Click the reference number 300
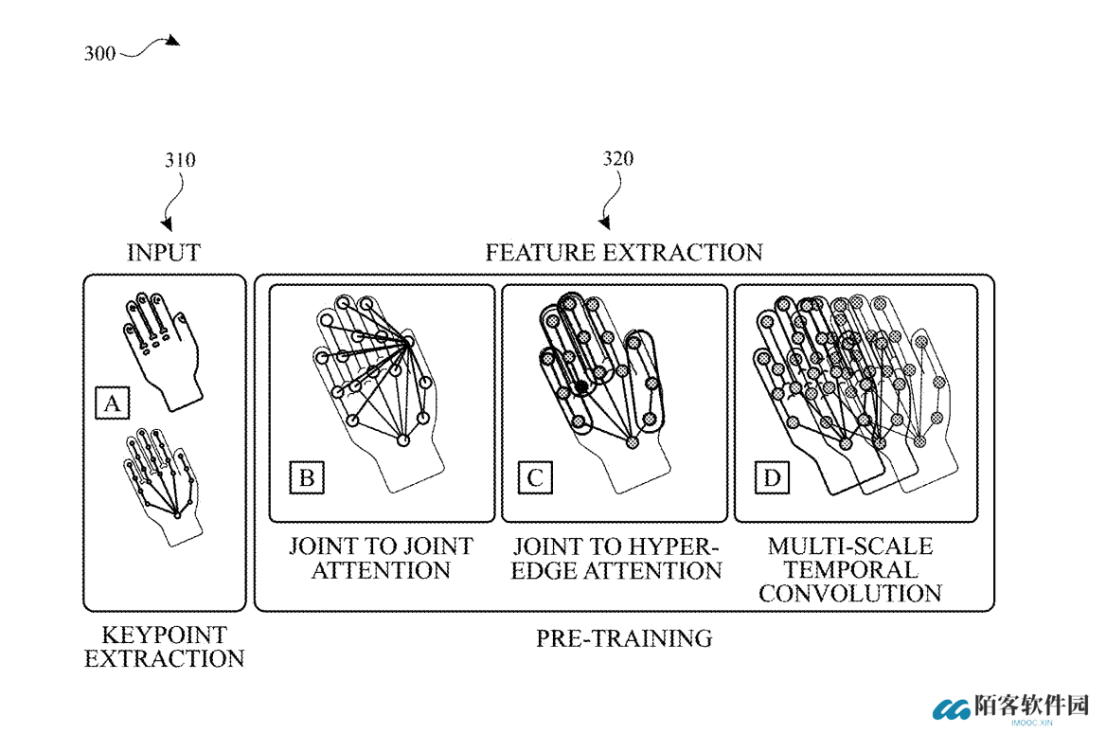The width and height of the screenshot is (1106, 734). pos(99,54)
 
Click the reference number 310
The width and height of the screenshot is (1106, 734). pos(180,160)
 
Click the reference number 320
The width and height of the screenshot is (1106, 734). pos(618,159)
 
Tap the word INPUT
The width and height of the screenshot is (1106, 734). pos(164,253)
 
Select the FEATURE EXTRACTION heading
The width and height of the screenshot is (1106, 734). pos(624,253)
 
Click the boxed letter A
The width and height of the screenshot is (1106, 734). pos(112,403)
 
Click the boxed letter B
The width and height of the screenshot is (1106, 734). pos(307,477)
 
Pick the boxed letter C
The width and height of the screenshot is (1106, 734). pos(535,477)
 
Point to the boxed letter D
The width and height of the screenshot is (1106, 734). pos(772,477)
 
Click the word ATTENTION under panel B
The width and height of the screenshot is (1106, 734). pos(381,570)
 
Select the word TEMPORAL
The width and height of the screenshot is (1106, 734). pos(850,569)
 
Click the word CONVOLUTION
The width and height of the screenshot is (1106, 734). pos(850,594)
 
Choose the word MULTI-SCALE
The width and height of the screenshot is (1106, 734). pos(850,546)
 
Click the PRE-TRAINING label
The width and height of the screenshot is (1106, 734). pos(624,638)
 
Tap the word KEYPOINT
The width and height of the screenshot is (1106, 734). pos(165,636)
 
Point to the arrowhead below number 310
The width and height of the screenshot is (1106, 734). pos(168,224)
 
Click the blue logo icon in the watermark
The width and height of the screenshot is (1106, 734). pos(952,709)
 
